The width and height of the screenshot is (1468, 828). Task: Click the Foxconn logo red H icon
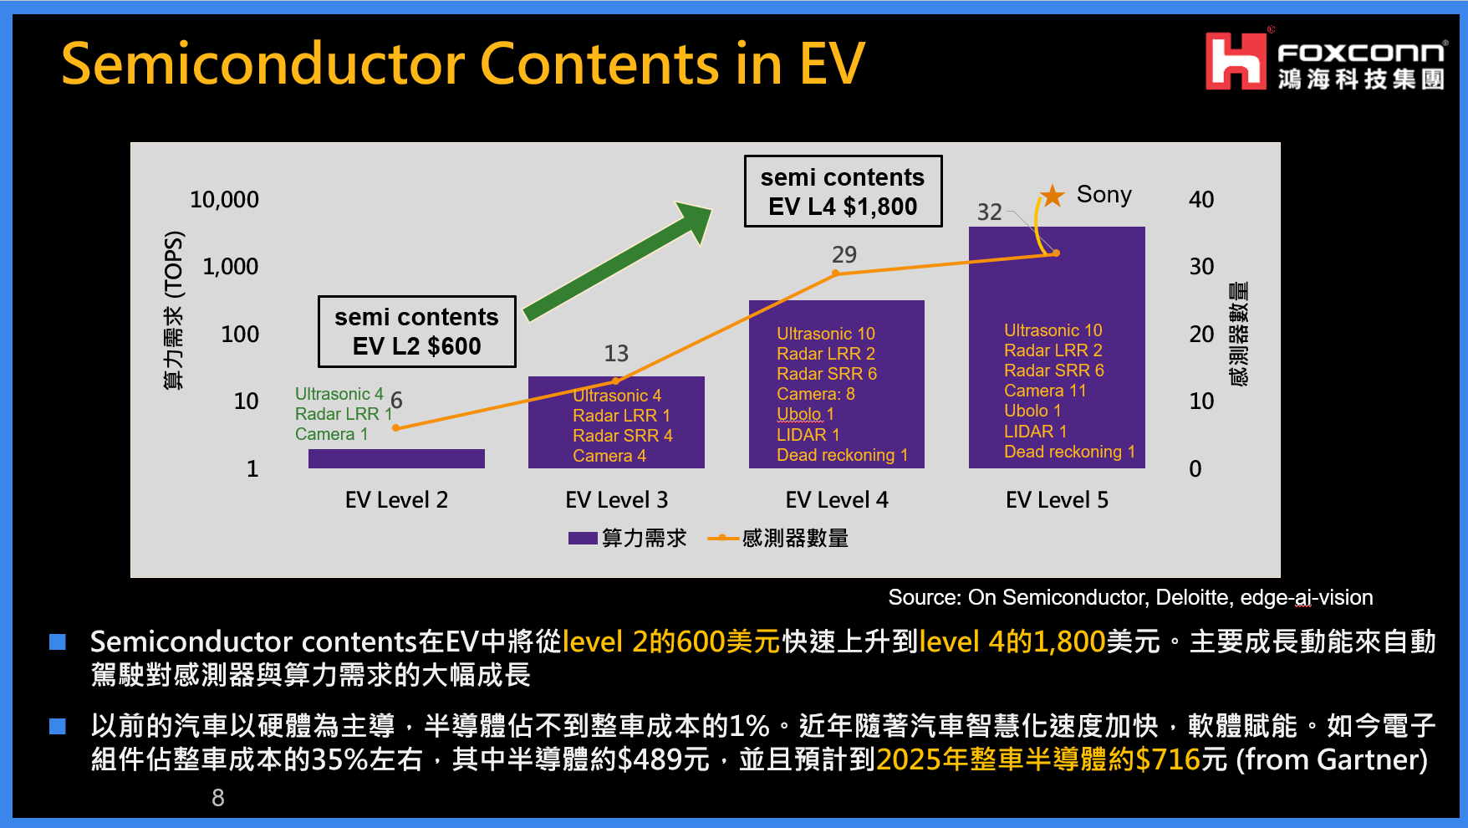pos(1236,61)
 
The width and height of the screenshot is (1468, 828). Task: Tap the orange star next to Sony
pos(1053,197)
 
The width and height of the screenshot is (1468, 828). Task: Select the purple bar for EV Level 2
pos(396,458)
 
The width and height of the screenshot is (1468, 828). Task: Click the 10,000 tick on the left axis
pos(224,200)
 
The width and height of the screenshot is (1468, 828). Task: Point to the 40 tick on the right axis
pos(1201,200)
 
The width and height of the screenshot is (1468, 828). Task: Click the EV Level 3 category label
pos(616,500)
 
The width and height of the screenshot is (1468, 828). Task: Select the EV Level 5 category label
pos(1057,500)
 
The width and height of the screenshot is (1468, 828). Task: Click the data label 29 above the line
pos(844,254)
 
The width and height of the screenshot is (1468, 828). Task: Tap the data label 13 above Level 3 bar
pos(616,353)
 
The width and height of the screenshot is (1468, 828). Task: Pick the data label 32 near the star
pos(990,212)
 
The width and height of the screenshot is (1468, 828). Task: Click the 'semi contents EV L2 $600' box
pos(416,331)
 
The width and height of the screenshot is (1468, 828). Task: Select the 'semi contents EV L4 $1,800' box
pos(843,191)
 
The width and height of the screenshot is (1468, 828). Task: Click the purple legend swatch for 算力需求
pos(583,538)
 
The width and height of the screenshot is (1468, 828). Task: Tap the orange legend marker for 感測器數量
pos(722,538)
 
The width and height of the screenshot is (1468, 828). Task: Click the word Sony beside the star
pos(1104,195)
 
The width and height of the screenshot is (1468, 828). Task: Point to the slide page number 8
pos(218,798)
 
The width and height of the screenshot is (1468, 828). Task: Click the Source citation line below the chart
pos(1130,597)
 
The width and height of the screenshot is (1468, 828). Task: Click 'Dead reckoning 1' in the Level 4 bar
pos(842,455)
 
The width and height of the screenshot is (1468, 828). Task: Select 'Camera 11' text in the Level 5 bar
pos(1045,391)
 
